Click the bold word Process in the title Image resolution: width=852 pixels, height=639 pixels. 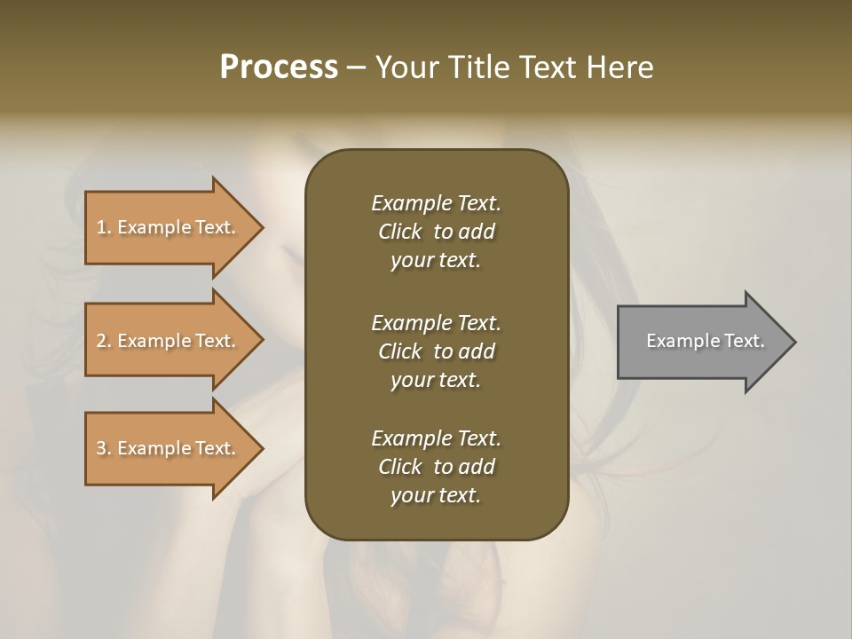click(x=279, y=67)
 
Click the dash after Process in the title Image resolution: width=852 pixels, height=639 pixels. click(x=357, y=68)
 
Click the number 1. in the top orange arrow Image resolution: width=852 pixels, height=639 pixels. click(x=104, y=227)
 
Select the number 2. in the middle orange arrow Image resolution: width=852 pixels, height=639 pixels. click(x=104, y=341)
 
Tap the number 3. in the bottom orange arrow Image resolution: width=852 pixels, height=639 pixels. click(x=104, y=448)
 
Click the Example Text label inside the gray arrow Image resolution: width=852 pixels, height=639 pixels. click(x=705, y=341)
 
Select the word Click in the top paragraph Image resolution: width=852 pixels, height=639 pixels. click(x=399, y=232)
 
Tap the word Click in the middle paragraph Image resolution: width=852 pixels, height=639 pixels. click(x=399, y=351)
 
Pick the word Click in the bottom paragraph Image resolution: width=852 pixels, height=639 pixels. click(x=399, y=467)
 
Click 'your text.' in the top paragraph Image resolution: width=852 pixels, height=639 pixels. click(x=436, y=261)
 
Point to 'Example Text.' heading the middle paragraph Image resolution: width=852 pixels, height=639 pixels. click(x=436, y=323)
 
